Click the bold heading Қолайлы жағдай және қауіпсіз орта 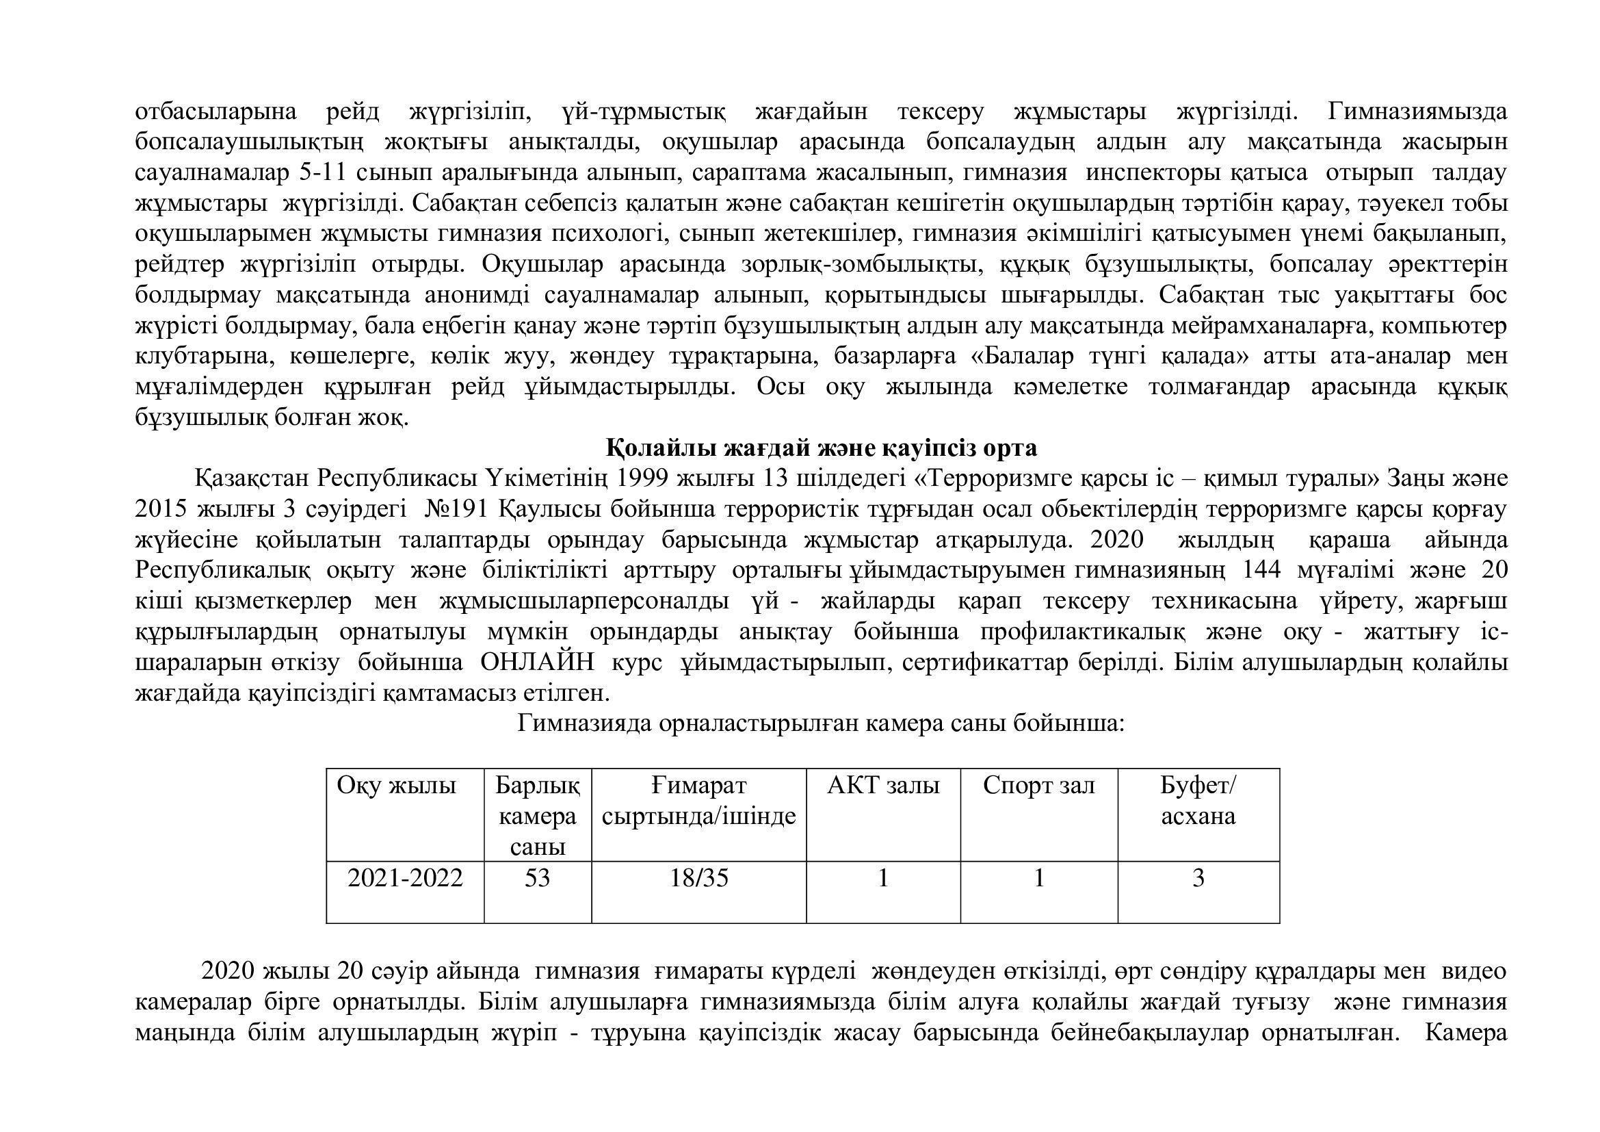pos(821,448)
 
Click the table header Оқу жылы pos(396,786)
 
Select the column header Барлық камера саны pos(537,816)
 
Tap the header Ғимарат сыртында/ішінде pos(698,800)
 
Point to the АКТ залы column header pos(883,786)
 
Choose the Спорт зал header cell pos(1038,786)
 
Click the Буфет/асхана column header pos(1198,800)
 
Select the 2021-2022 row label pos(405,877)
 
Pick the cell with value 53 pos(537,877)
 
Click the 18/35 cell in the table pos(698,877)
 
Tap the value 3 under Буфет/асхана pos(1198,877)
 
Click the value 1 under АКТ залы pos(883,877)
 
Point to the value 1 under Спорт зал pos(1038,877)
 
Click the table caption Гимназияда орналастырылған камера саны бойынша pos(820,723)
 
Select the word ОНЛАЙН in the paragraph pos(536,663)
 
